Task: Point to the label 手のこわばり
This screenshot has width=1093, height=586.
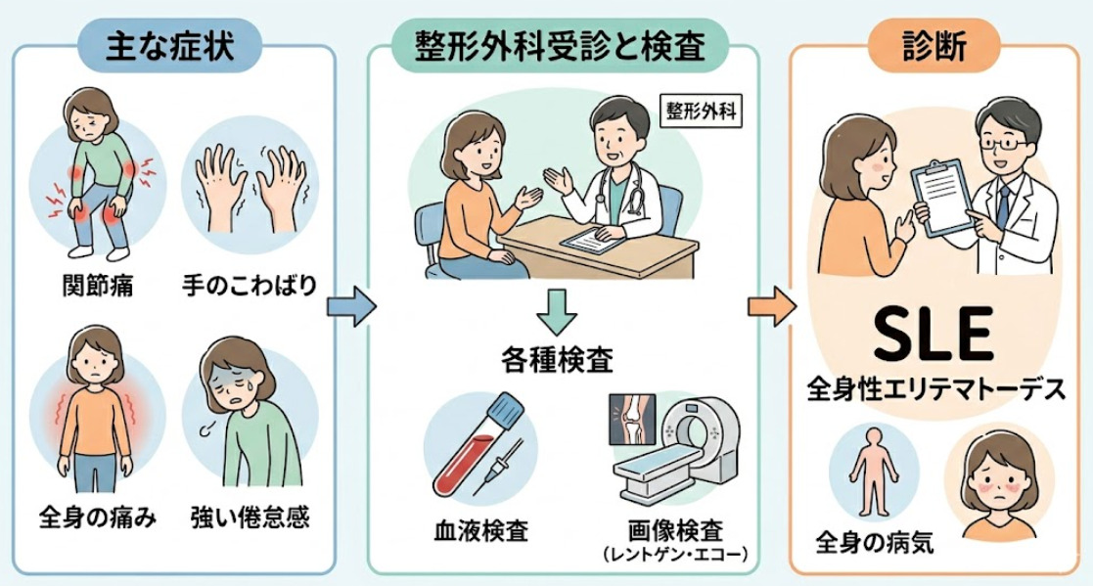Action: pos(250,287)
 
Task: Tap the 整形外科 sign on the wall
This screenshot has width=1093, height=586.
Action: pos(702,112)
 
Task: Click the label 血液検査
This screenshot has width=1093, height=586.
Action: pos(480,531)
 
